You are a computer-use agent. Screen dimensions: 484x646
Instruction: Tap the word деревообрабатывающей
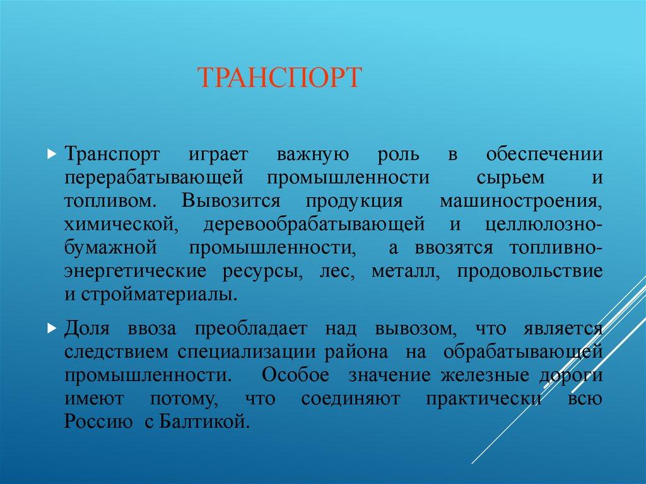pyautogui.click(x=313, y=225)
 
